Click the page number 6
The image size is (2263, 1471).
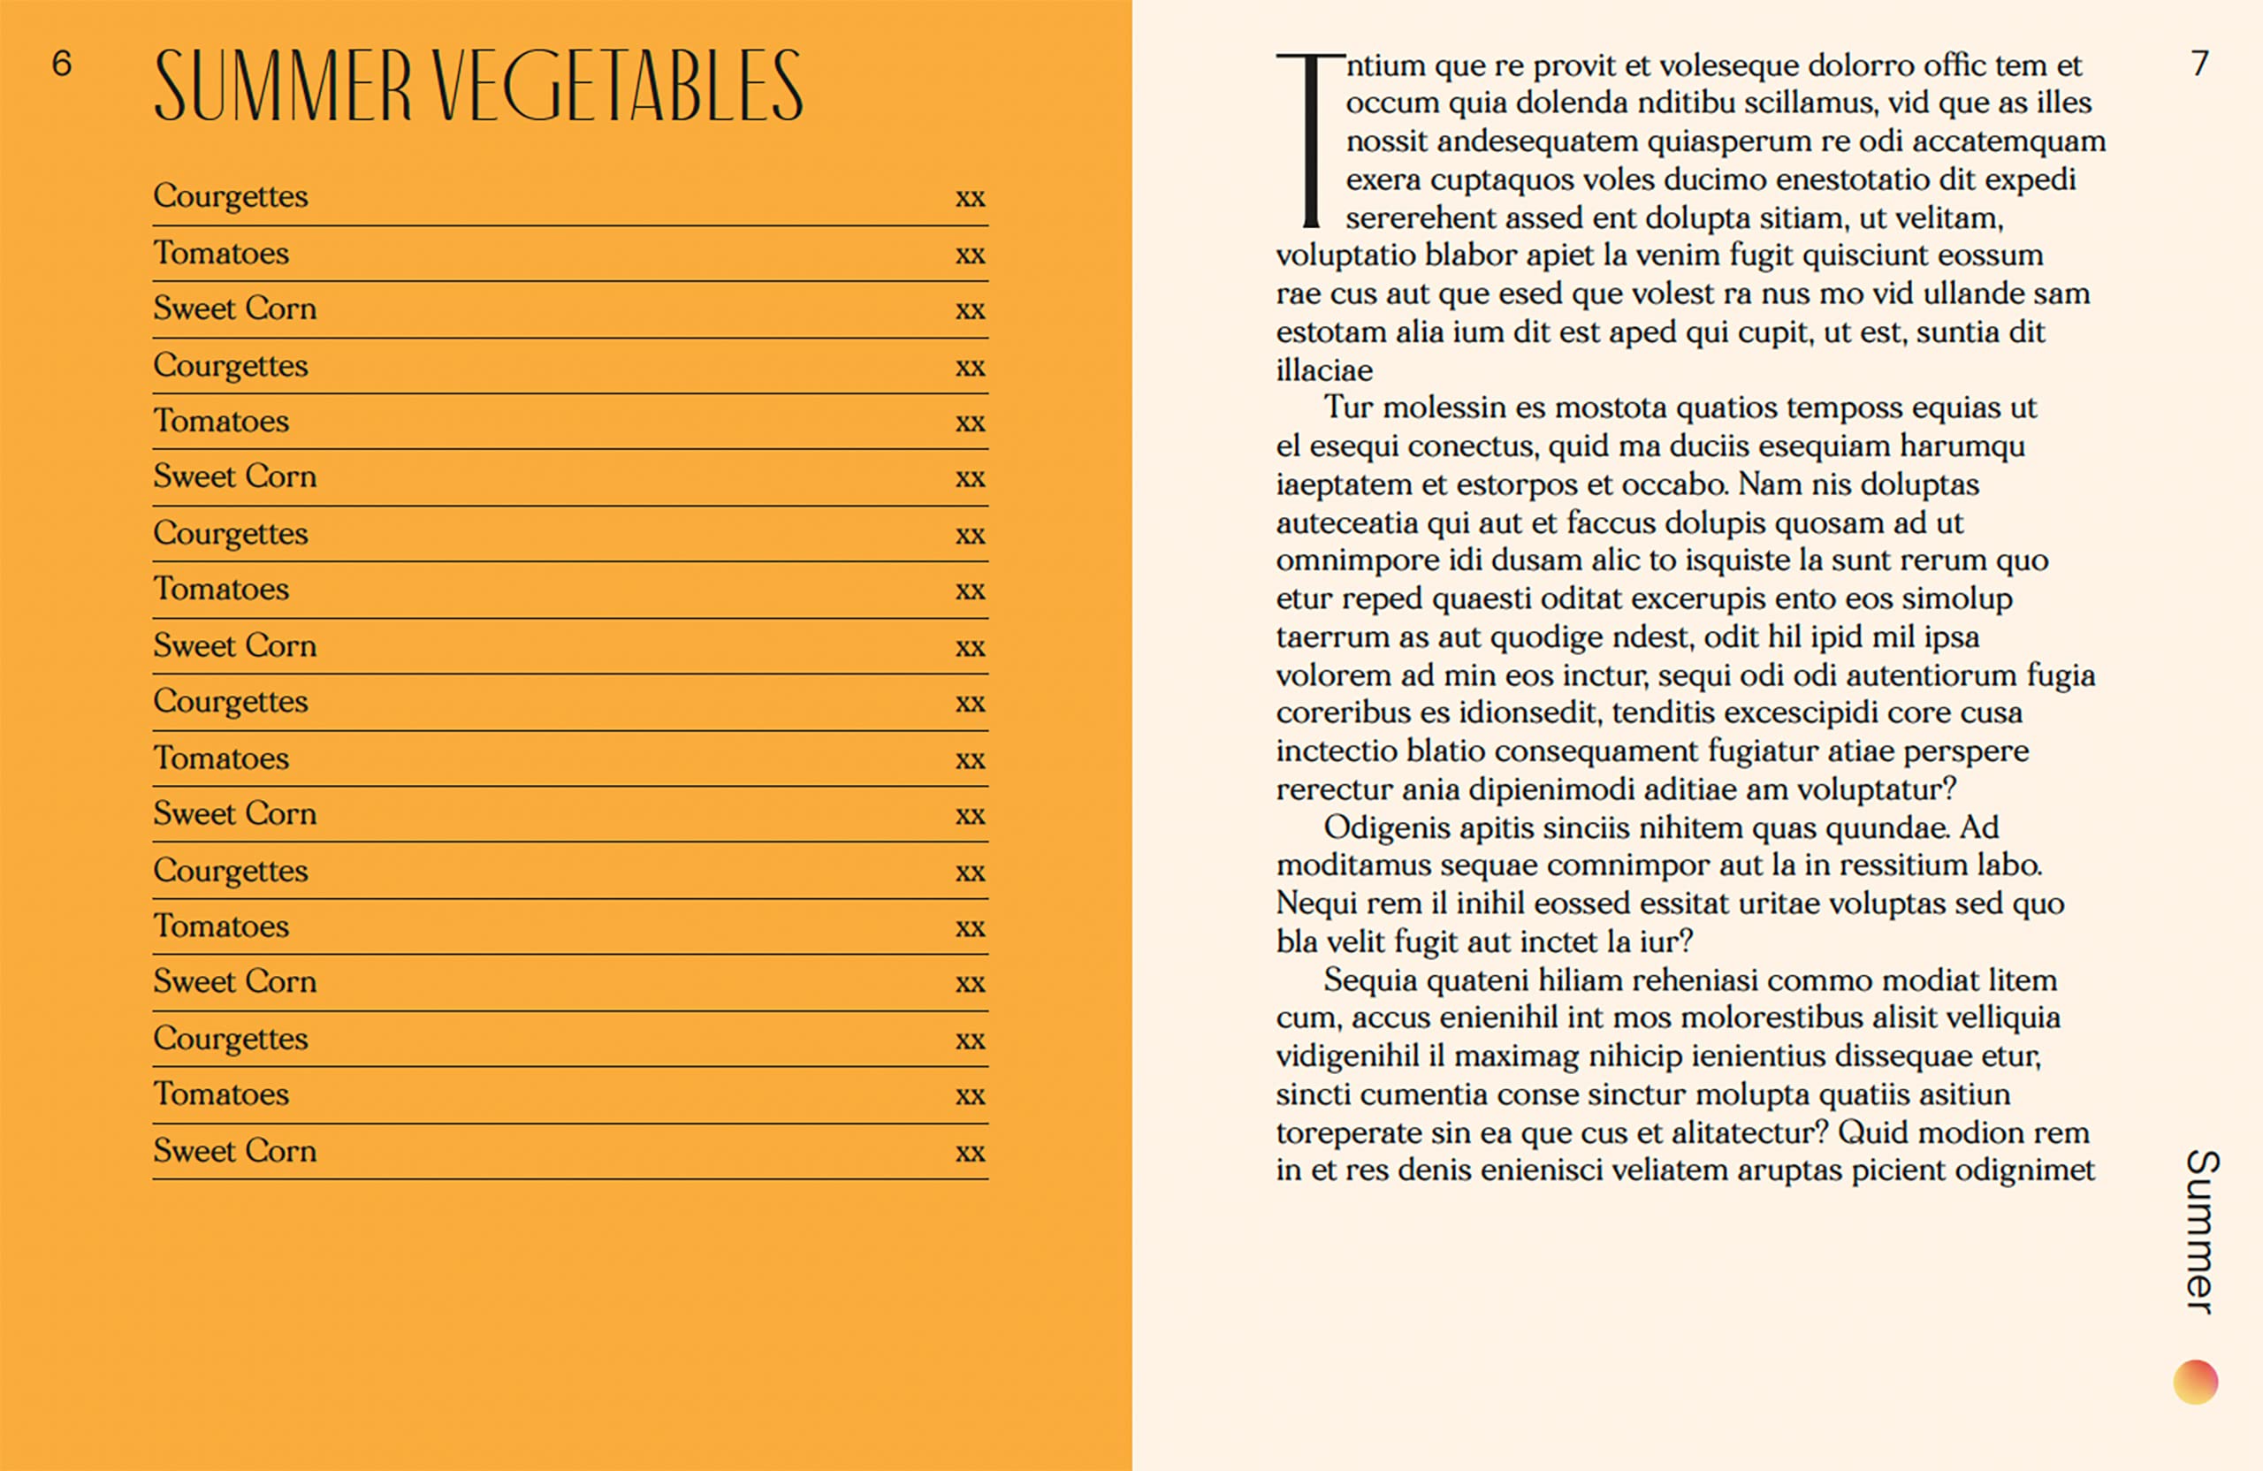tap(62, 64)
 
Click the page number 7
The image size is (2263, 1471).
tap(2199, 64)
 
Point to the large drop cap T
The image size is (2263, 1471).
tap(1310, 140)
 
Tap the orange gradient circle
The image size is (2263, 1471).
tap(2196, 1382)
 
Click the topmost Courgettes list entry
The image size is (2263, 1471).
tap(231, 196)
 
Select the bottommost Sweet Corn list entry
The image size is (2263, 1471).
tap(235, 1151)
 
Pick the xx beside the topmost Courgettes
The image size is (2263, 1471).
tap(970, 198)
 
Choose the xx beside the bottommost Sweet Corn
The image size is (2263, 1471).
tap(970, 1153)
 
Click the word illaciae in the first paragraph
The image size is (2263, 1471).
tap(1324, 370)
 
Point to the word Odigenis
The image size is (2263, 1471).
tap(1387, 827)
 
